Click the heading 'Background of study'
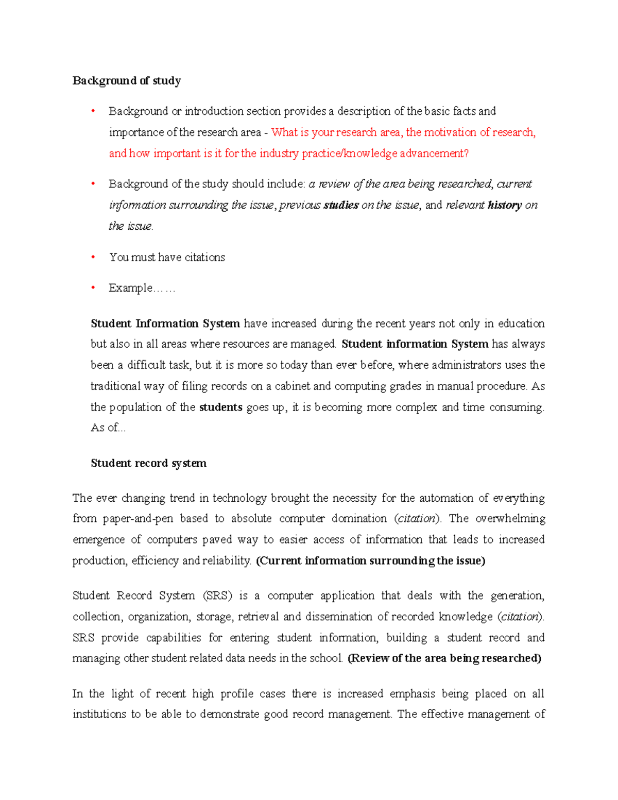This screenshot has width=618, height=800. coord(127,81)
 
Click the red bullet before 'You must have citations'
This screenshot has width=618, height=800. coord(93,257)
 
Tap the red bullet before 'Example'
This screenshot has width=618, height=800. coord(93,287)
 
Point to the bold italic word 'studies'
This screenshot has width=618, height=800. coord(341,205)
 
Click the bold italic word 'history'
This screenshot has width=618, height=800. coord(505,205)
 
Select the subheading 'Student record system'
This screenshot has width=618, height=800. coord(148,463)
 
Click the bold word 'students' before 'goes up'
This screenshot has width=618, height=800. coord(220,407)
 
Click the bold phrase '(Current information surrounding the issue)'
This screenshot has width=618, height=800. coord(370,560)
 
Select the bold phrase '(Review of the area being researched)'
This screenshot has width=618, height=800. coord(444,658)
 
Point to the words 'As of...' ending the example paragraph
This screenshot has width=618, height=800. coord(108,428)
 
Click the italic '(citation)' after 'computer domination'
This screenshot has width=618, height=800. coord(418,518)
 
